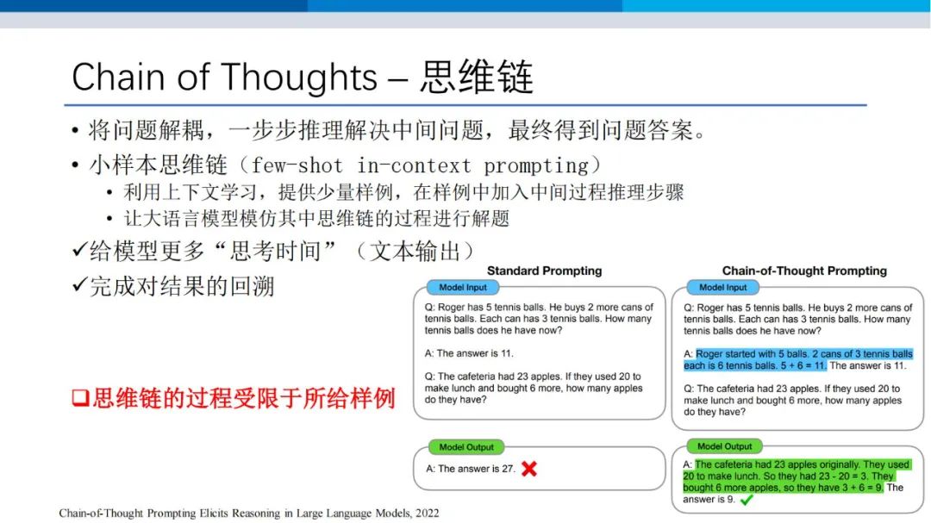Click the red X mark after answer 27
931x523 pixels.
coord(529,469)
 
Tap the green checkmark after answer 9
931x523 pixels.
coord(747,500)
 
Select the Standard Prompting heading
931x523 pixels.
coord(545,271)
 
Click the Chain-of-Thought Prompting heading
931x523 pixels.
coord(804,271)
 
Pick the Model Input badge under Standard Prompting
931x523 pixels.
coord(463,287)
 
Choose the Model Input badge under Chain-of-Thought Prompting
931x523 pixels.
coord(722,287)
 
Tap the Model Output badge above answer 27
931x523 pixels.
coord(466,447)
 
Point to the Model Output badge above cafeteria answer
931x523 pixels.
coord(724,446)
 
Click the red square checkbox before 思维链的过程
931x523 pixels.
coord(80,398)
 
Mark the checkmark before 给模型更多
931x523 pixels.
coord(79,249)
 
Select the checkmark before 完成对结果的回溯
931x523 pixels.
coord(79,285)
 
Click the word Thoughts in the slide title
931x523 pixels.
coord(300,78)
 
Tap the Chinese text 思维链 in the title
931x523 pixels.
coord(477,77)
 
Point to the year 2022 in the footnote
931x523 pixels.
coord(428,513)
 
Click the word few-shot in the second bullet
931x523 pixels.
coord(297,165)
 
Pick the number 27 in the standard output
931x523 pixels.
coord(508,469)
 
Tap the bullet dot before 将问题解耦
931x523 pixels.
coord(75,130)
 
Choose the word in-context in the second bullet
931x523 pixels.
coord(414,165)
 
